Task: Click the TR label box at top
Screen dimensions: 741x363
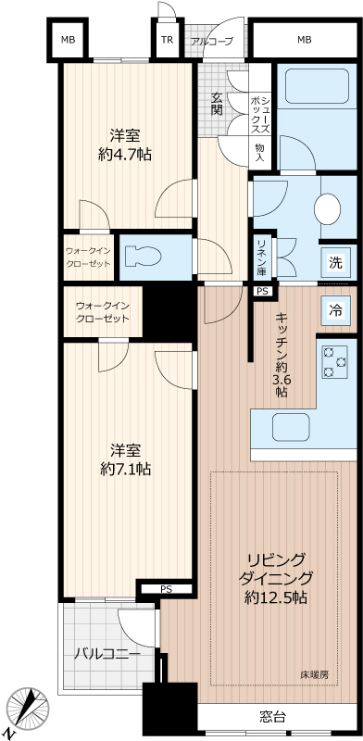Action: [x=167, y=40]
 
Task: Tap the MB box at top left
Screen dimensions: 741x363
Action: [x=68, y=40]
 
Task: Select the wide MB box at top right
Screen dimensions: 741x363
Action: [x=304, y=40]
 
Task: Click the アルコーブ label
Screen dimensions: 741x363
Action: [x=212, y=41]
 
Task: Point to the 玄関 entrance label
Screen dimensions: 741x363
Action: [x=217, y=103]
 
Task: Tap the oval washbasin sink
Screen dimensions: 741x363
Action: [x=328, y=208]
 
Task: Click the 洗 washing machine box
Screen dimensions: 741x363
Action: [x=335, y=262]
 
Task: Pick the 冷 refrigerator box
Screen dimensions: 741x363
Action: [x=335, y=310]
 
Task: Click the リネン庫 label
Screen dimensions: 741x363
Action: [x=262, y=257]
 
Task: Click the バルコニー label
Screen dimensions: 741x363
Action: [x=107, y=654]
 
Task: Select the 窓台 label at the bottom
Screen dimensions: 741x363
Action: [x=271, y=717]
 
